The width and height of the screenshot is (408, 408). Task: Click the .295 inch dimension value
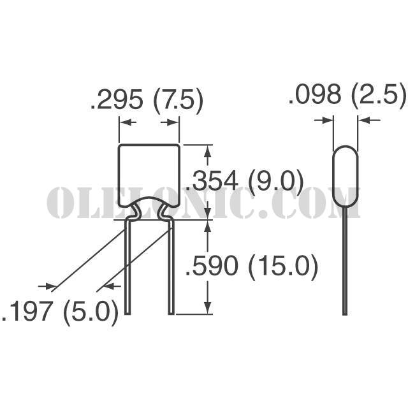pos(117,99)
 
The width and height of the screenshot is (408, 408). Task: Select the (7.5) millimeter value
pos(178,101)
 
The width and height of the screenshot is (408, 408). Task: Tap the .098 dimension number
pos(314,95)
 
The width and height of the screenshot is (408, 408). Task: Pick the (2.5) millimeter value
pos(379,96)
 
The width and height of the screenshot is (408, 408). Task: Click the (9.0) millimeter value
pos(276,182)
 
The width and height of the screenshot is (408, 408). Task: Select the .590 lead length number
pos(212,266)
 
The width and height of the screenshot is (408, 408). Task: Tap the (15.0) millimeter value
pos(283,268)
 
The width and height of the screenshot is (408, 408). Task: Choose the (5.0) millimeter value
pos(91,312)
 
